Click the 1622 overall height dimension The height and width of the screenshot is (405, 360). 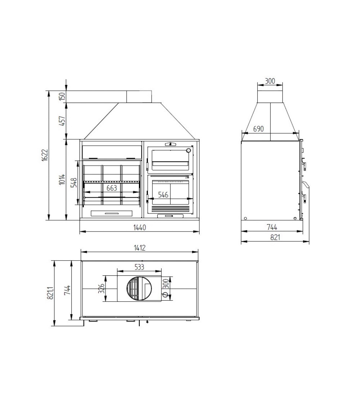[x=45, y=155]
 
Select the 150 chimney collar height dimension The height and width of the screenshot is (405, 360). [x=62, y=96]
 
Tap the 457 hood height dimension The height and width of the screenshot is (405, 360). [x=62, y=121]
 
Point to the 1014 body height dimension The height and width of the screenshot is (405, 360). [x=62, y=179]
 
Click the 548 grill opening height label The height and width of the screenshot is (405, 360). [x=74, y=183]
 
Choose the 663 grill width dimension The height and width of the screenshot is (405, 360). [x=112, y=188]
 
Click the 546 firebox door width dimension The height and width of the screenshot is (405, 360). [x=163, y=195]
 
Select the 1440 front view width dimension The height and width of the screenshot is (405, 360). [x=140, y=228]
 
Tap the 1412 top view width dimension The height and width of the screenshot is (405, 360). [x=140, y=248]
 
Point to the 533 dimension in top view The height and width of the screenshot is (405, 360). [x=139, y=267]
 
